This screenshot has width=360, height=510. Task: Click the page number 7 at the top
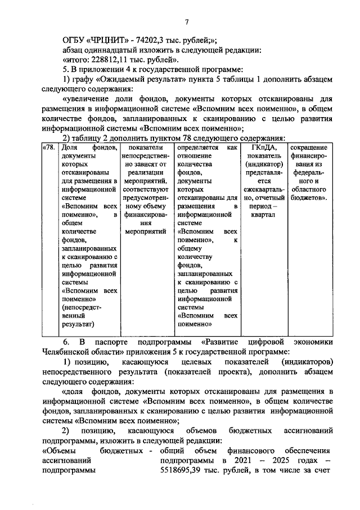pos(187,22)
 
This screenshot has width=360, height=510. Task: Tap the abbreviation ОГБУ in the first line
pos(74,39)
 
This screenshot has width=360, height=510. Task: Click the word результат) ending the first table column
pos(78,324)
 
